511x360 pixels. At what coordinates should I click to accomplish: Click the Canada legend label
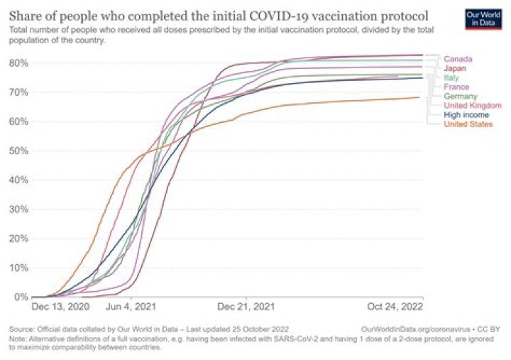[458, 59]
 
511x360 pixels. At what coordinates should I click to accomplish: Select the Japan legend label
[456, 68]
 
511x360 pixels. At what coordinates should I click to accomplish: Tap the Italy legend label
[451, 77]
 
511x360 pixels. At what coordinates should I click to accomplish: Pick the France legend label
[456, 87]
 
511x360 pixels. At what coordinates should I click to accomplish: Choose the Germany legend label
[460, 96]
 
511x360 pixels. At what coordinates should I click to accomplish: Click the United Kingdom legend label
[472, 105]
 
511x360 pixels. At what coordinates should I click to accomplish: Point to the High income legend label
[466, 114]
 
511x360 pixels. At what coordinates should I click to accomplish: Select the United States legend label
[468, 124]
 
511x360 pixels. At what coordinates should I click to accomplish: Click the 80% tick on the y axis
[18, 62]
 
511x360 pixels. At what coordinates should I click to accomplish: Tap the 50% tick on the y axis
[18, 151]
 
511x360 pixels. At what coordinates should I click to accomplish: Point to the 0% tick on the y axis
[21, 297]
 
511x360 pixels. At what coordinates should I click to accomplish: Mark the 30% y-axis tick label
[18, 209]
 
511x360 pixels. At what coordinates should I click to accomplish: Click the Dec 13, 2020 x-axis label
[60, 307]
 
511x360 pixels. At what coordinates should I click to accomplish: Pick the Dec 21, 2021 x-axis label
[246, 307]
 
